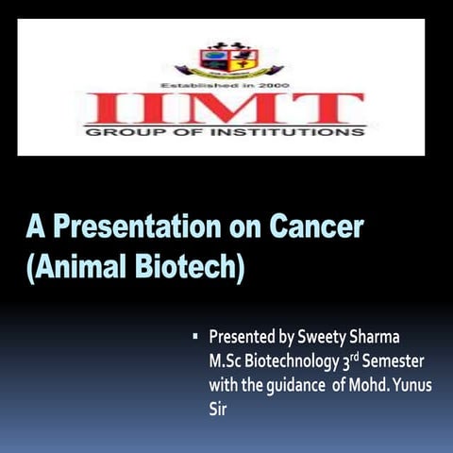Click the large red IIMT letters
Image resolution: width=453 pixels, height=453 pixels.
pyautogui.click(x=224, y=109)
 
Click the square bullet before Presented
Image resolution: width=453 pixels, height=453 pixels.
pyautogui.click(x=193, y=335)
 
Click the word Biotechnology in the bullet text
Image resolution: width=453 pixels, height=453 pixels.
pyautogui.click(x=294, y=361)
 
